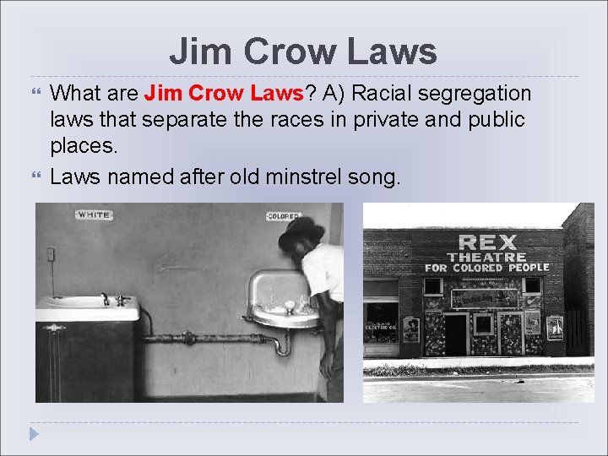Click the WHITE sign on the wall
pyautogui.click(x=94, y=215)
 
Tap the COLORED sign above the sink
pyautogui.click(x=284, y=217)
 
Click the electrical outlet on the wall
pyautogui.click(x=52, y=254)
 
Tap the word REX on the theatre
pyautogui.click(x=486, y=243)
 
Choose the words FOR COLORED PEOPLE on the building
pyautogui.click(x=486, y=268)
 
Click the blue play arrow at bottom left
pyautogui.click(x=34, y=434)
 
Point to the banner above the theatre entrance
pyautogui.click(x=485, y=297)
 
